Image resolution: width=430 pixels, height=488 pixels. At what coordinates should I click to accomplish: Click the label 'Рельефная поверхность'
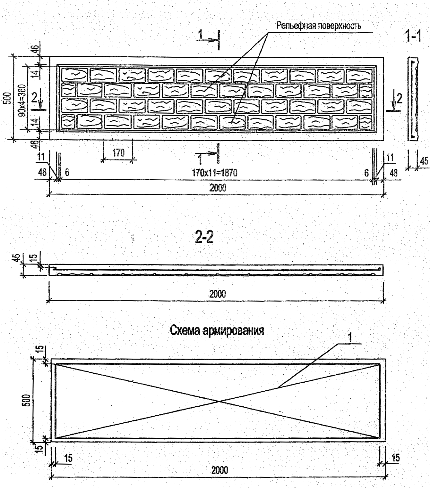(x=318, y=26)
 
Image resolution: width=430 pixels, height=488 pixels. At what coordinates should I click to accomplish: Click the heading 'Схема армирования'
(x=217, y=330)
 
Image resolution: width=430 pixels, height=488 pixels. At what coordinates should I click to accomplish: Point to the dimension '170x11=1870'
(x=214, y=173)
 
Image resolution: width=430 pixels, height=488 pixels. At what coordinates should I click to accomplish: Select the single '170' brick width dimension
(x=118, y=153)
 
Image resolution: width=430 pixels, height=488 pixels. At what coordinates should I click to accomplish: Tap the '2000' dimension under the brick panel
(x=218, y=188)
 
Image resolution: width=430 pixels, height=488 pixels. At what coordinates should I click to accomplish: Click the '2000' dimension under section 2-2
(x=218, y=294)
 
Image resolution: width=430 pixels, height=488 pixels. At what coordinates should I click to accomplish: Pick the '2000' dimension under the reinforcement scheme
(x=219, y=470)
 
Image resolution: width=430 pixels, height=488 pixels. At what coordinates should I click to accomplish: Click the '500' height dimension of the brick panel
(x=9, y=98)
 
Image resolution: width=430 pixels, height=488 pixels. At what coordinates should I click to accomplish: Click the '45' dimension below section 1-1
(x=424, y=161)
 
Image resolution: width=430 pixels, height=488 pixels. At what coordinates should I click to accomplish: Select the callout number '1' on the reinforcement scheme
(x=350, y=337)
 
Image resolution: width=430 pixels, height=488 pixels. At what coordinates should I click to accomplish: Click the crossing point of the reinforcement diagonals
(x=219, y=401)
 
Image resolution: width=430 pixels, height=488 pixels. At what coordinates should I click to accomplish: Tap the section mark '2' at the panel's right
(x=399, y=99)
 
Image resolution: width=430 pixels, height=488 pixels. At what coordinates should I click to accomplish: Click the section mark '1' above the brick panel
(x=200, y=35)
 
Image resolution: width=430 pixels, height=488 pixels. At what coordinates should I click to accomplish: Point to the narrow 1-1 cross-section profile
(x=414, y=99)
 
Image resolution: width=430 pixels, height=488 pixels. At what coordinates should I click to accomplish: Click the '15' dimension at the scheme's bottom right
(x=396, y=458)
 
